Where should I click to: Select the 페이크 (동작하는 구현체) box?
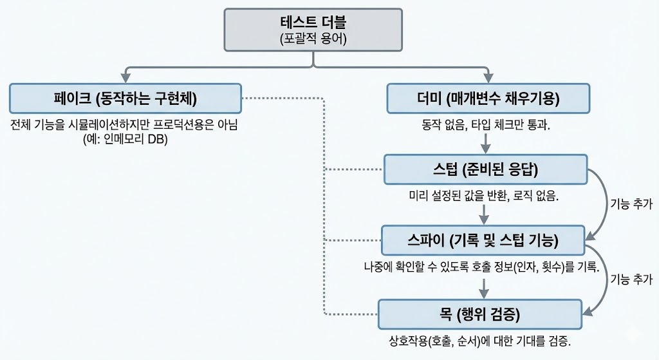click(125, 99)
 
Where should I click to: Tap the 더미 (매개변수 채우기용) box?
click(488, 99)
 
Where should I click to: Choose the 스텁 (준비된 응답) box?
click(485, 170)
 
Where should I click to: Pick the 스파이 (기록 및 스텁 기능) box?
click(482, 241)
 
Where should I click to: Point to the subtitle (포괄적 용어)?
click(313, 39)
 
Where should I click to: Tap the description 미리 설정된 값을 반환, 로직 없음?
click(484, 196)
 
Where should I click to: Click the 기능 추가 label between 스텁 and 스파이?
click(631, 205)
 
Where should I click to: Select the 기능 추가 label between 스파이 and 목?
click(631, 279)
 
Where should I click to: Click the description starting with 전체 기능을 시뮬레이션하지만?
click(124, 125)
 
